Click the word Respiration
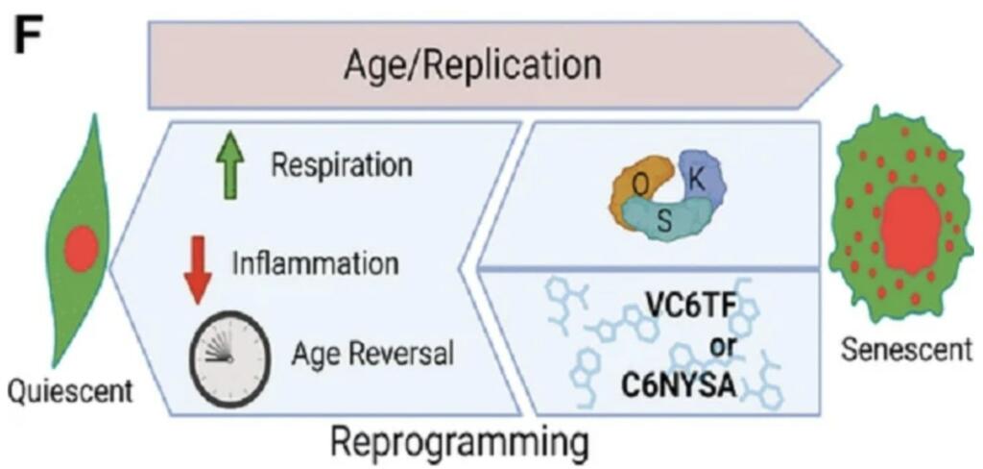pos(342,165)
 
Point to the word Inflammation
pos(316,261)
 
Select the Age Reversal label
pos(372,354)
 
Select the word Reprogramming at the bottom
pos(459,444)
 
